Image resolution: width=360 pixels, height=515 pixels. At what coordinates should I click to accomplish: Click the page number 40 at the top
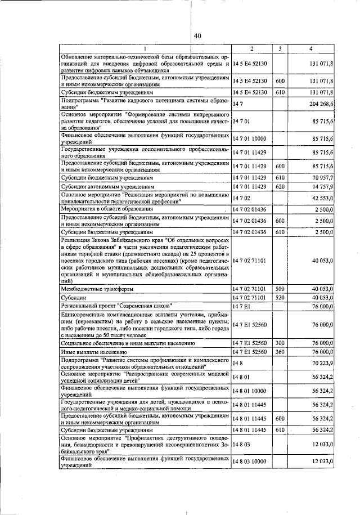coord(197,36)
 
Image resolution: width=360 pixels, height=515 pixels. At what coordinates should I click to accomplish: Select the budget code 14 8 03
coord(241,444)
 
